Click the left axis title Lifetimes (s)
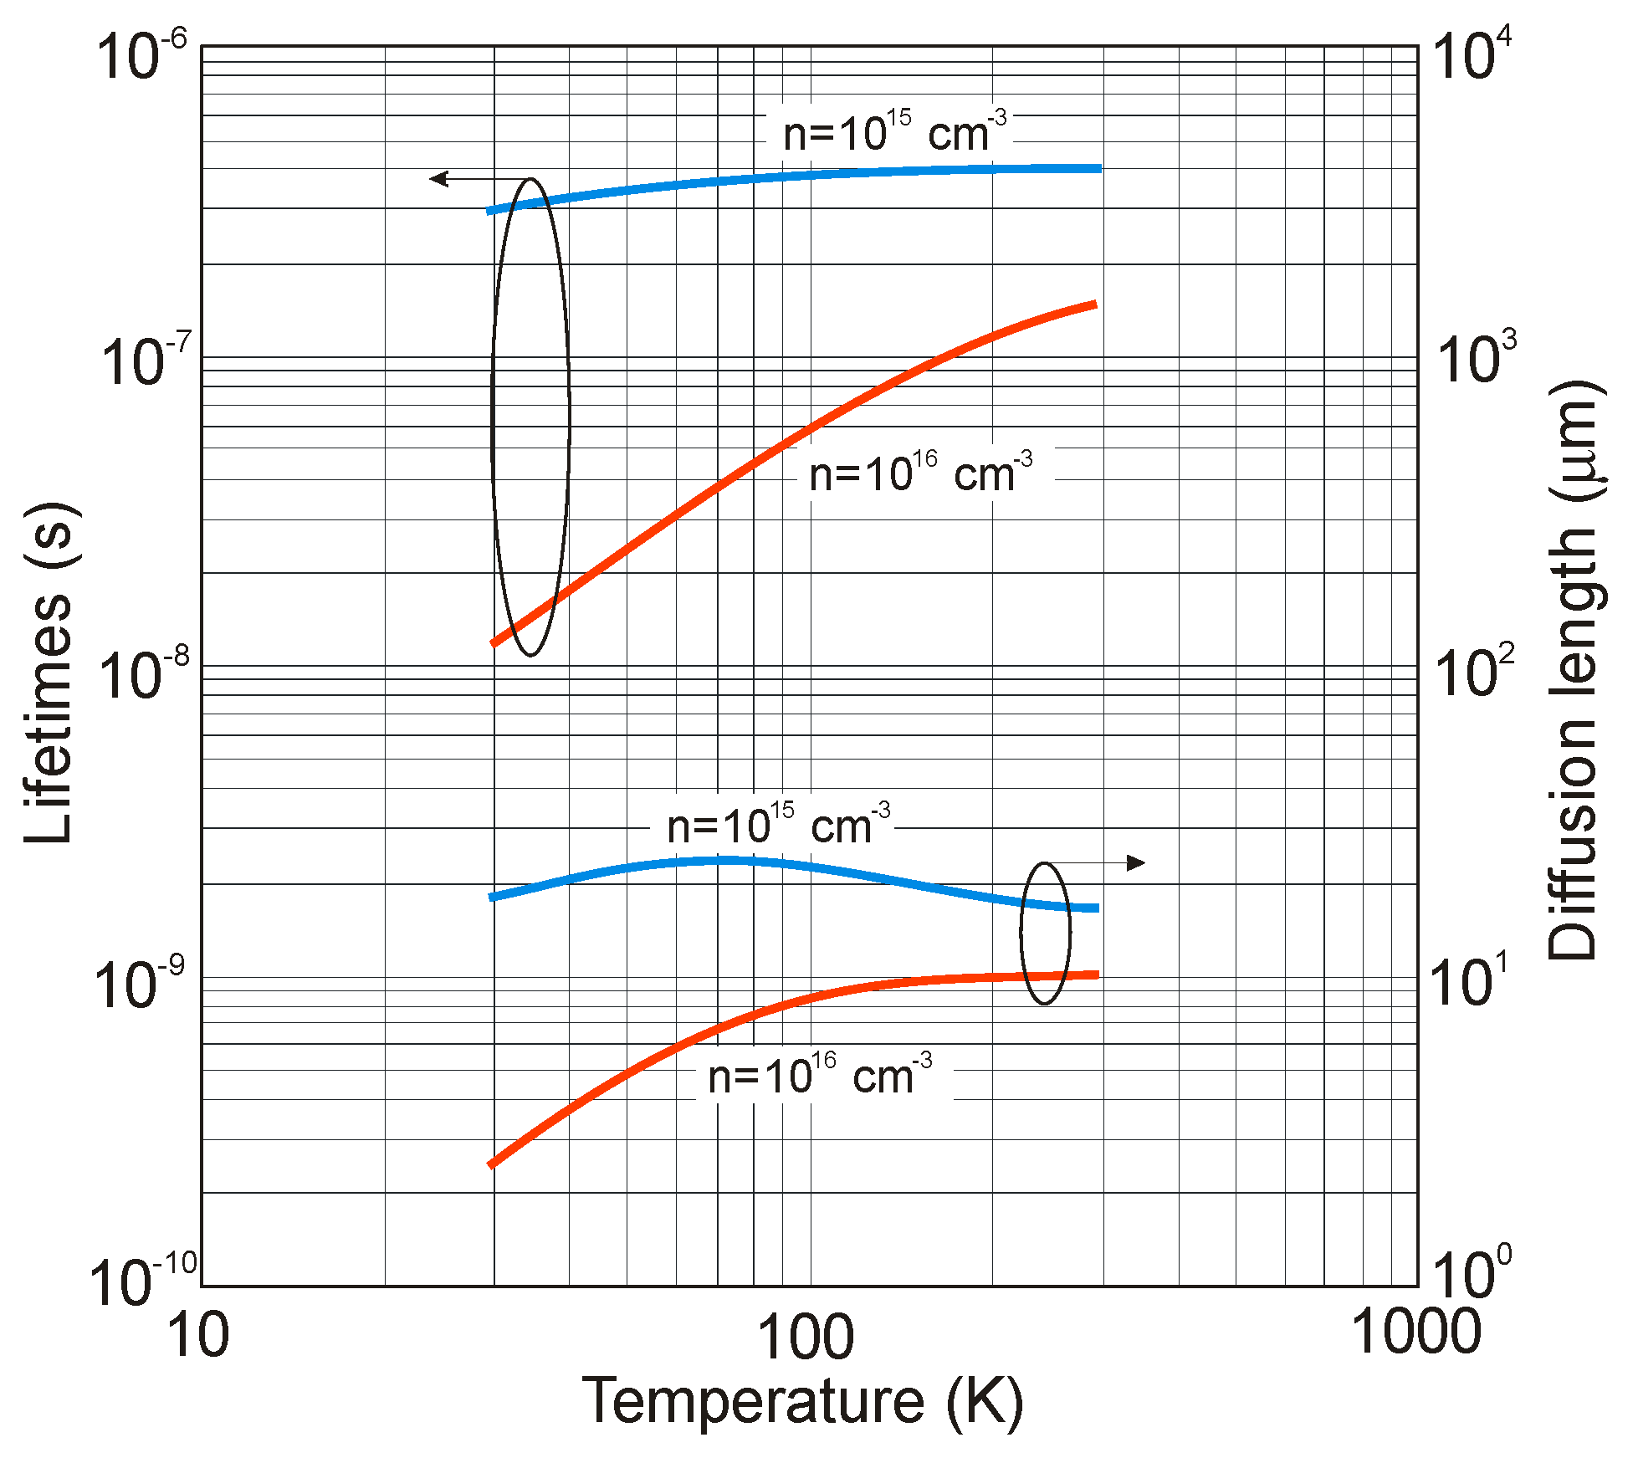49,673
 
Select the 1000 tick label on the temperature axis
1415,1331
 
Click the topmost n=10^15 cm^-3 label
893,134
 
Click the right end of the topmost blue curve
1098,168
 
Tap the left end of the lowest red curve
492,1164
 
